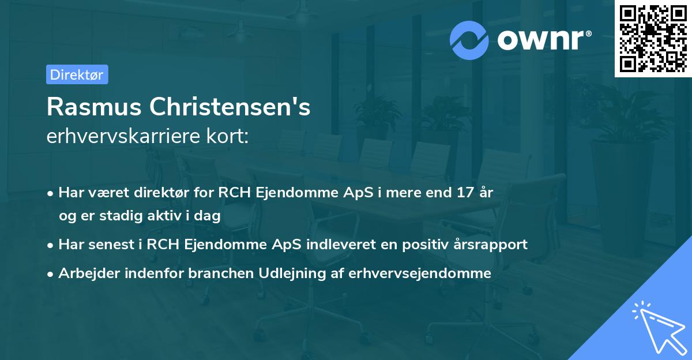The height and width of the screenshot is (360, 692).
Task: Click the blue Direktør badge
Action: point(77,74)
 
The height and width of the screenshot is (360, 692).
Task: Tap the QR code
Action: point(653,39)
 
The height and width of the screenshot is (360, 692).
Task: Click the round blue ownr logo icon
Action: point(469,40)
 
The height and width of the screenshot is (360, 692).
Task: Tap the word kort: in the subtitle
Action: point(230,137)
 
